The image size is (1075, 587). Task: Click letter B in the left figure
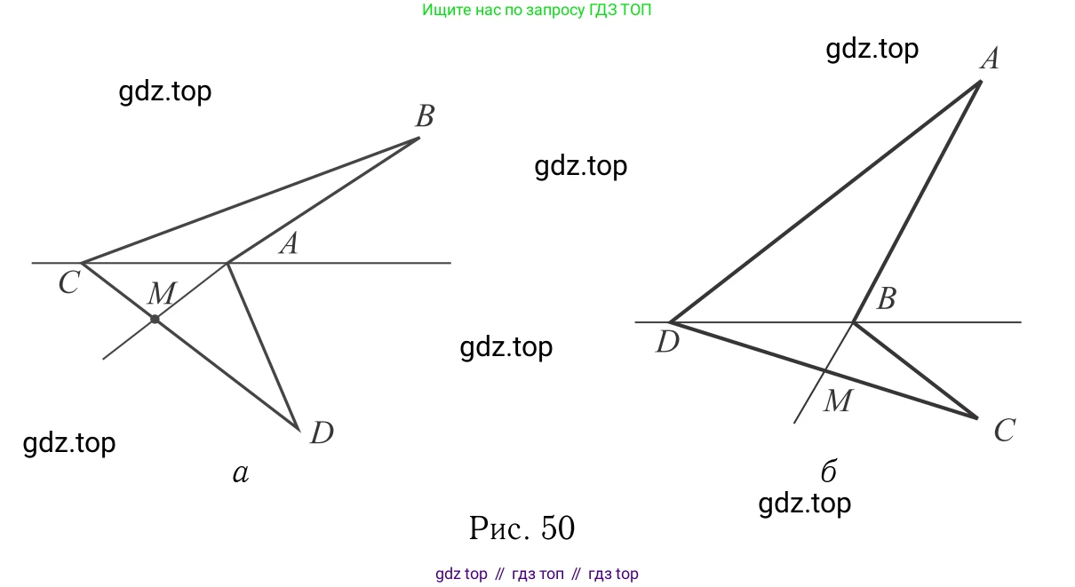[425, 116]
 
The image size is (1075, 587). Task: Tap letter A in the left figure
[287, 243]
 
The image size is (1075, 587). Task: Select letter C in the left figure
[69, 283]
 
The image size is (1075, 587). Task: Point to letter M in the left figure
[162, 293]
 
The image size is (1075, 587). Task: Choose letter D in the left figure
[322, 433]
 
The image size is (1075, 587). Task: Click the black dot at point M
[155, 319]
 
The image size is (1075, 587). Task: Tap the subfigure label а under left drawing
[240, 474]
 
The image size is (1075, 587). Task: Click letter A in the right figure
[989, 59]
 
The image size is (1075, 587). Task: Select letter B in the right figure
[885, 299]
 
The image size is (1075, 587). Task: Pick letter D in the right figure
[667, 342]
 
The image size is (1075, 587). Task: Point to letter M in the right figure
[837, 401]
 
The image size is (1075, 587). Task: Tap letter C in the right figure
[1004, 431]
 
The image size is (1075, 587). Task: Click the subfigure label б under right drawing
[828, 471]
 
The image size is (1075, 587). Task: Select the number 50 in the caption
[557, 528]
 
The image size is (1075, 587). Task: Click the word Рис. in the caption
[498, 528]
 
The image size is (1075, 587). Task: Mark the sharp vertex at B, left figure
[418, 138]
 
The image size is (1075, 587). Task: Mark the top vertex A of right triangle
[980, 82]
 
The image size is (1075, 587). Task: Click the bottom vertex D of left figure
[299, 429]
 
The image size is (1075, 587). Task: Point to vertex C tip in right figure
[977, 417]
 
